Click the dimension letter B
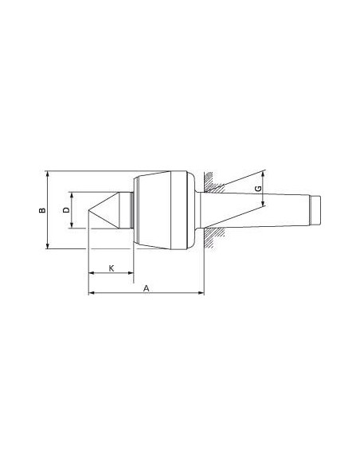42,209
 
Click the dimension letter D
66,209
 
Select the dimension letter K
112,268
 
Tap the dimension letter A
147,288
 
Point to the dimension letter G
259,189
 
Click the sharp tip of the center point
88,210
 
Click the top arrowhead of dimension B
48,174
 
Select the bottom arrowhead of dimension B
48,246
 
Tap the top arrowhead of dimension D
72,195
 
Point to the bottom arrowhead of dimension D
72,225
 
